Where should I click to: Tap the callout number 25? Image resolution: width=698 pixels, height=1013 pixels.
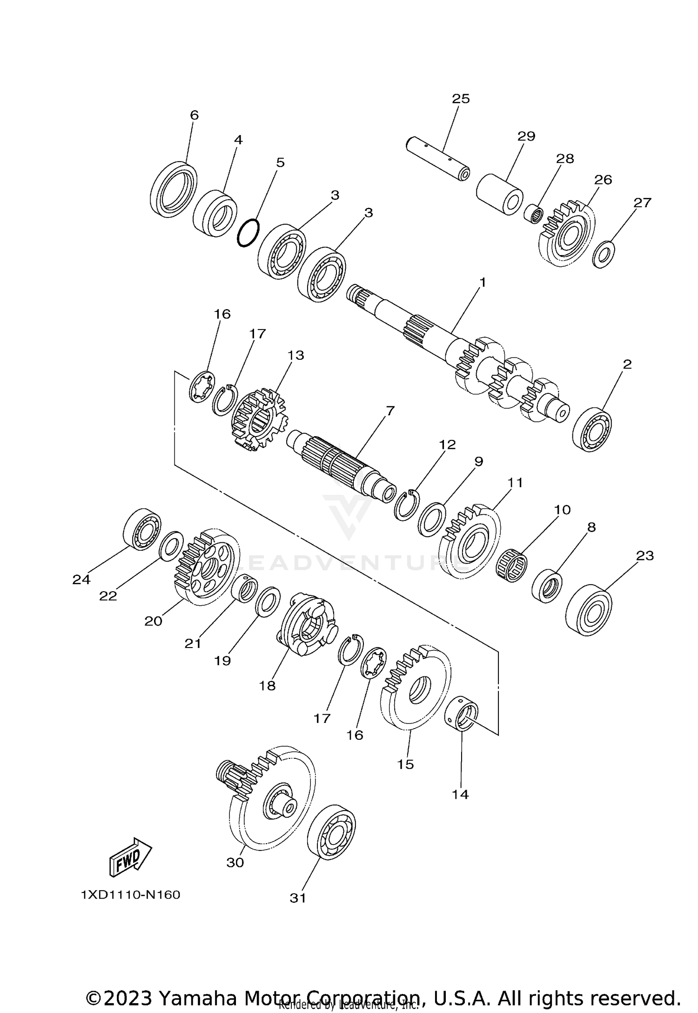pyautogui.click(x=461, y=99)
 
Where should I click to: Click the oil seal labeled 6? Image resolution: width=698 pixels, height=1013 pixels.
pyautogui.click(x=174, y=189)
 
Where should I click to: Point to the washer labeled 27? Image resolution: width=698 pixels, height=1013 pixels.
pyautogui.click(x=604, y=254)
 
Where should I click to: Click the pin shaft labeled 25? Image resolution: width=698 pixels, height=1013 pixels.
pyautogui.click(x=437, y=159)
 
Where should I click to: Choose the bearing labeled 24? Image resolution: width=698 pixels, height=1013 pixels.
pyautogui.click(x=142, y=529)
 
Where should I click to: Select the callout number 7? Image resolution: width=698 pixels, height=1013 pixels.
pyautogui.click(x=390, y=411)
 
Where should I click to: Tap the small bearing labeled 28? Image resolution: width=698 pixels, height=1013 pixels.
pyautogui.click(x=535, y=215)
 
